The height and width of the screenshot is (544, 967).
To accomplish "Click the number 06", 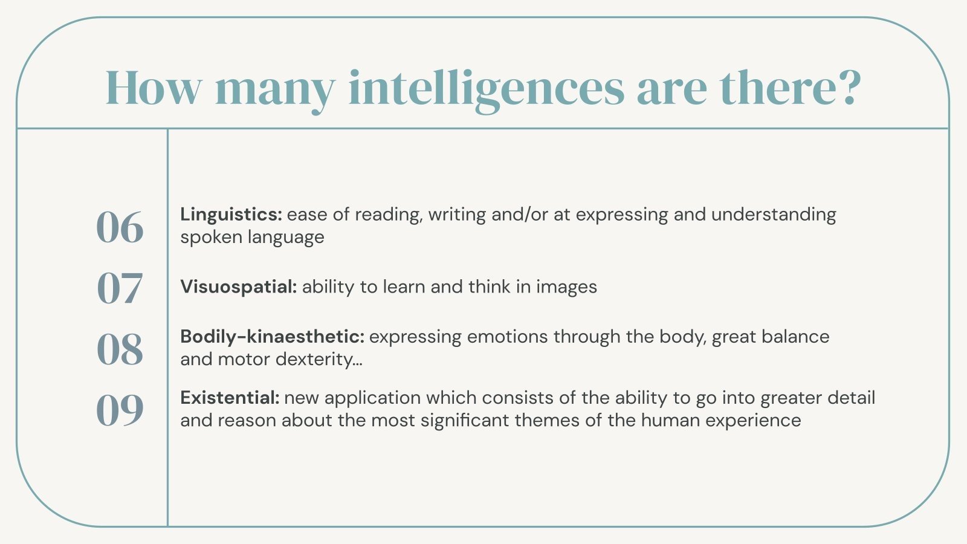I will click(120, 227).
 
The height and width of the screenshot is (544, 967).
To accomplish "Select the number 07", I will click(120, 288).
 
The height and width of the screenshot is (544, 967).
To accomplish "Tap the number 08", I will click(120, 349).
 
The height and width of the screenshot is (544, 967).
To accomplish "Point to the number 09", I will click(120, 410).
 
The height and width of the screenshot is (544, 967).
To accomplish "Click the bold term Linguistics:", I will click(231, 215).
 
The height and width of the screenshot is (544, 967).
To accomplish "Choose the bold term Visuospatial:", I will click(238, 287).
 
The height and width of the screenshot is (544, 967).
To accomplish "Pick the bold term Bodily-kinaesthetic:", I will click(272, 337).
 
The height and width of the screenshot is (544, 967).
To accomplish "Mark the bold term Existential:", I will click(230, 398).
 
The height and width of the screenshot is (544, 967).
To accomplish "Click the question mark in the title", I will click(850, 88).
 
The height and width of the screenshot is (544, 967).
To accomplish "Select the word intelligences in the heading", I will click(486, 88).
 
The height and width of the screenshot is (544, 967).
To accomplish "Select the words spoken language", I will click(252, 237).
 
